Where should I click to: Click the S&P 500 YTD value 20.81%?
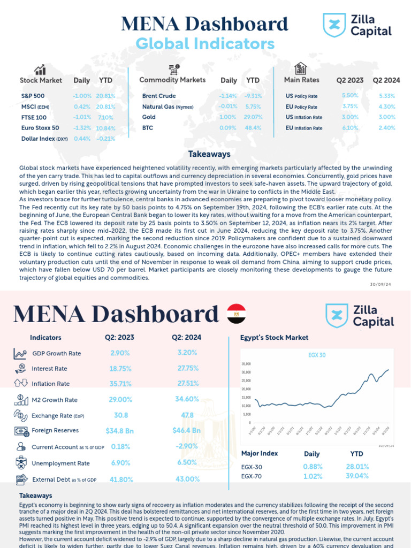tap(105, 96)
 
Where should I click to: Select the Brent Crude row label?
tap(159, 96)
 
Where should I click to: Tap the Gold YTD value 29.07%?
tap(253, 117)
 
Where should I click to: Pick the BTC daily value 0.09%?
tap(227, 128)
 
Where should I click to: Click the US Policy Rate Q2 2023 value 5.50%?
tap(349, 96)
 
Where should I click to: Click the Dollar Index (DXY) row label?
tap(44, 139)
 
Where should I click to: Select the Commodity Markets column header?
tap(172, 80)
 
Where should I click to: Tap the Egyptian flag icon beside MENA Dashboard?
tap(236, 314)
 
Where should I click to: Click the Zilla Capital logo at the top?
tap(357, 25)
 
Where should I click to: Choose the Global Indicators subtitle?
tap(205, 44)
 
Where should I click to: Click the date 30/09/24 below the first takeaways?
tap(380, 284)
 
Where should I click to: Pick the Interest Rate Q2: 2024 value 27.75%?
tap(188, 368)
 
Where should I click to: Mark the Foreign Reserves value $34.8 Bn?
tap(119, 430)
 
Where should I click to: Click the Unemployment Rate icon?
tap(21, 463)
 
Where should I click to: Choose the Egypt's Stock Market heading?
tap(274, 338)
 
